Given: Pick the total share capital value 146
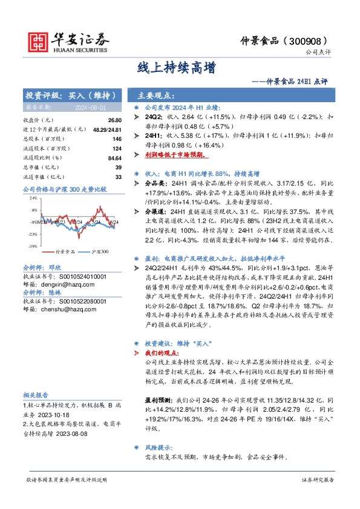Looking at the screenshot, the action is pyautogui.click(x=117, y=139).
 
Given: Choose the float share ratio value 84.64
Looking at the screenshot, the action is pyautogui.click(x=114, y=158).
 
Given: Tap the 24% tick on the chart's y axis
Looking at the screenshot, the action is pyautogui.click(x=33, y=198).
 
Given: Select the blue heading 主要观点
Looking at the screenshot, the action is pyautogui.click(x=156, y=96).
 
